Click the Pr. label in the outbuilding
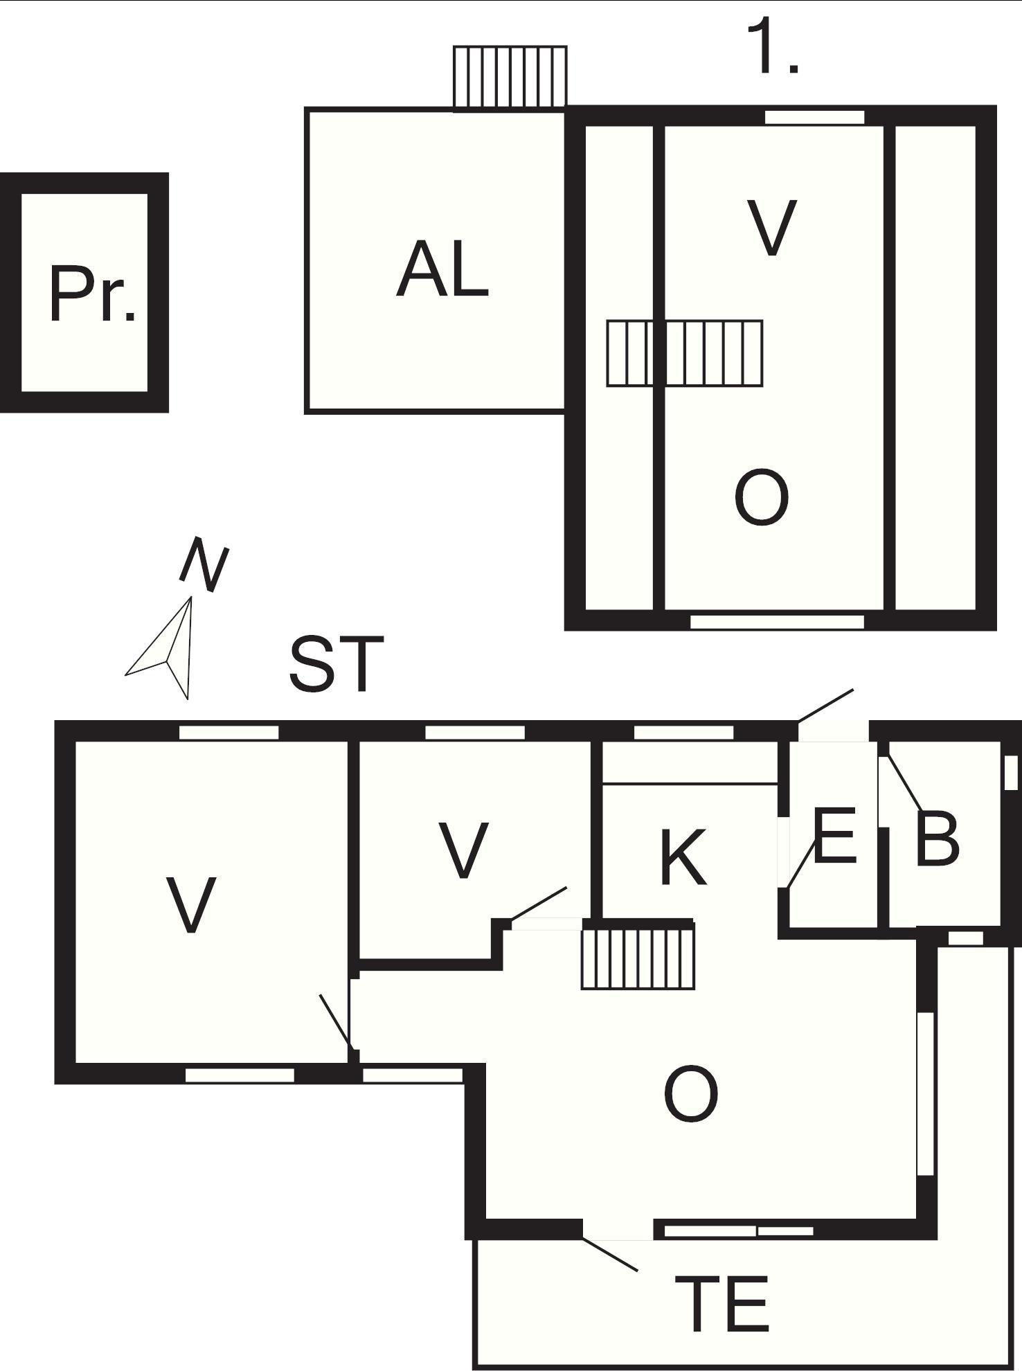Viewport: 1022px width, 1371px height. [93, 294]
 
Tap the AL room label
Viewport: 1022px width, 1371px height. [442, 269]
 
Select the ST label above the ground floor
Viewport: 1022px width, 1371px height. [337, 664]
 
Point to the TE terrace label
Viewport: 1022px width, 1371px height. [721, 1304]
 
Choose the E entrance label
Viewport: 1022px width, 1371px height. [835, 834]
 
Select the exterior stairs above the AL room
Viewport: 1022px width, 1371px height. [510, 78]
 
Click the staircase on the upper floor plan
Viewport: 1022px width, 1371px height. [685, 353]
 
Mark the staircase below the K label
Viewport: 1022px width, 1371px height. [638, 958]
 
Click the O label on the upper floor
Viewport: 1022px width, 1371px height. [761, 497]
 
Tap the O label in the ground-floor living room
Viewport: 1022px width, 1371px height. [690, 1094]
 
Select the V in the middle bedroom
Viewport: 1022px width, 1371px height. [464, 850]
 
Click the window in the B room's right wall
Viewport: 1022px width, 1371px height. [1011, 773]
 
